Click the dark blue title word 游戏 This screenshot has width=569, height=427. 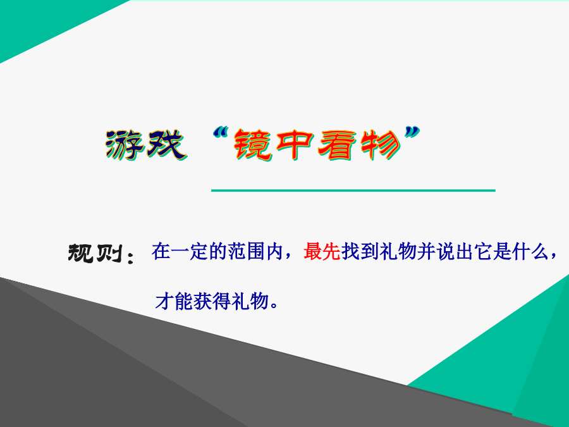[146, 145]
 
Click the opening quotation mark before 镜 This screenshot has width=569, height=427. [222, 133]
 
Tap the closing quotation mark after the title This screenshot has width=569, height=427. [412, 133]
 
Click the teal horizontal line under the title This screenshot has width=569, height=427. [353, 190]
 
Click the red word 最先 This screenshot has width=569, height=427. [322, 251]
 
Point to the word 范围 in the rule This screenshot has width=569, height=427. [246, 251]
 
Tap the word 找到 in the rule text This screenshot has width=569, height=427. [360, 251]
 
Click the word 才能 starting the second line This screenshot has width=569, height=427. [174, 301]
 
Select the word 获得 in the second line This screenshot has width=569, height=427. [212, 301]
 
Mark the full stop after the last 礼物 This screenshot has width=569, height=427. [274, 306]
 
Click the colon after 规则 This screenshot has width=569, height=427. [131, 256]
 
